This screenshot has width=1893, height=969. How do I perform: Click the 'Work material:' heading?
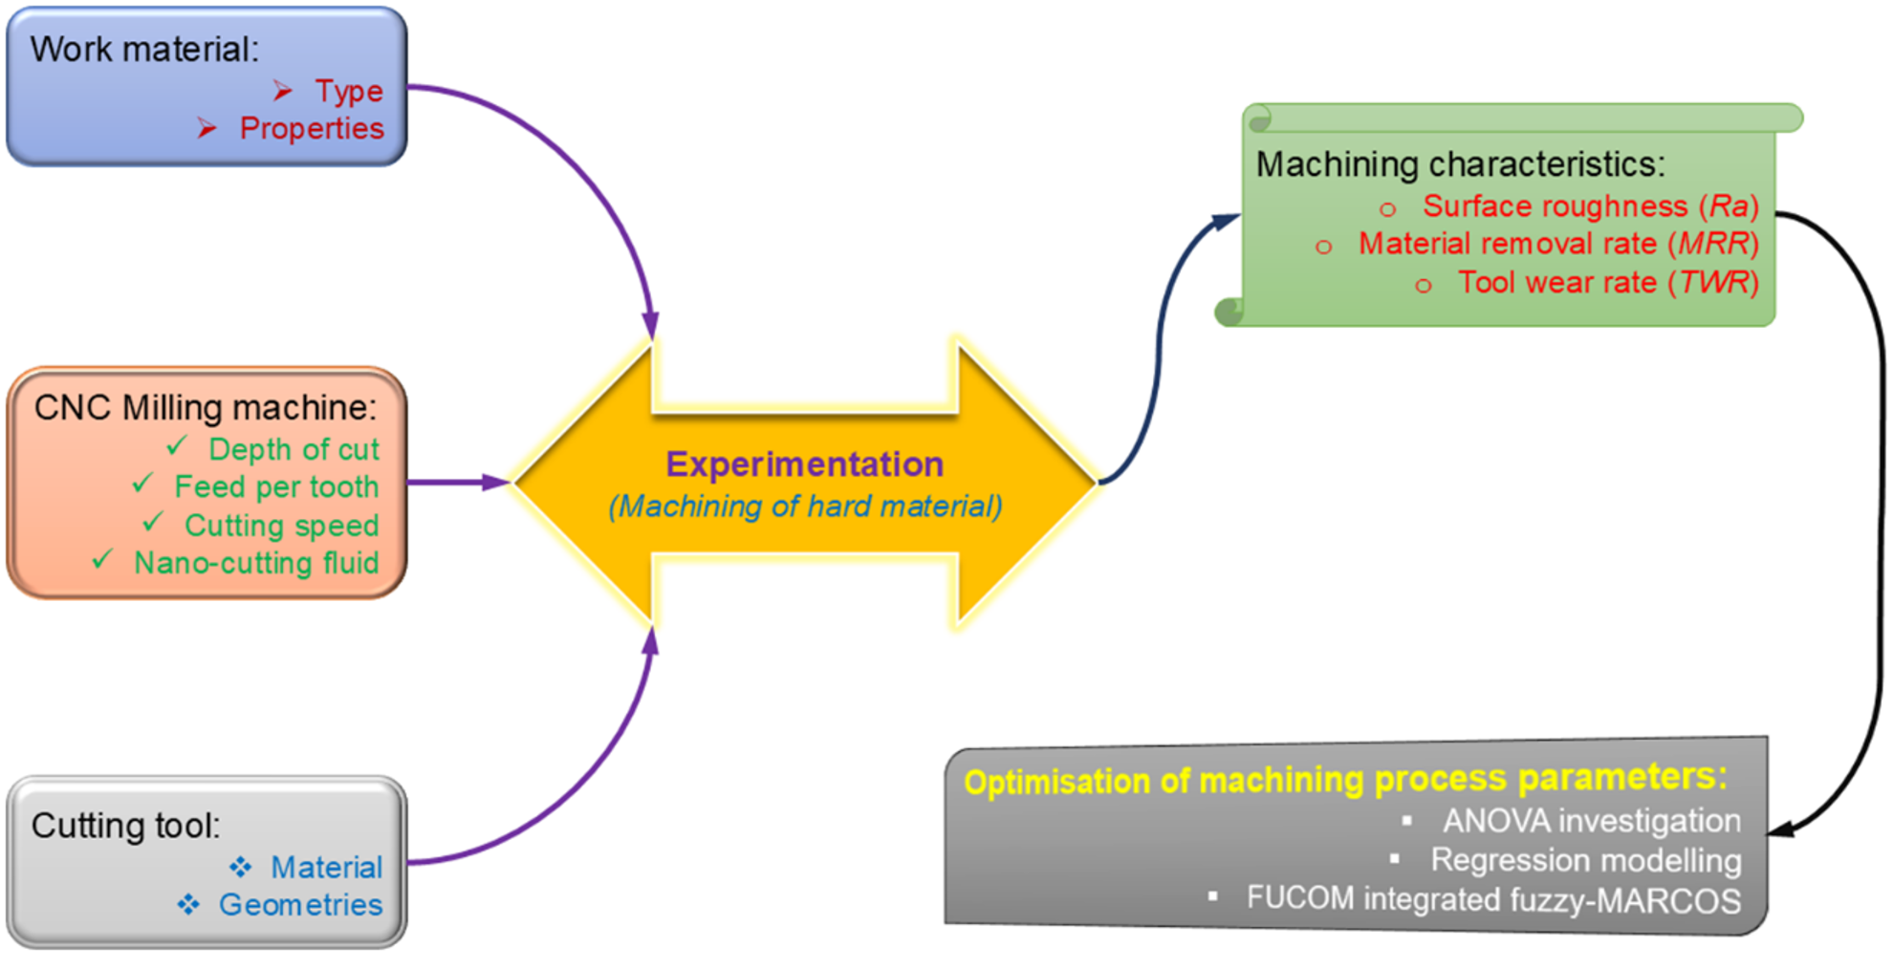coord(144,49)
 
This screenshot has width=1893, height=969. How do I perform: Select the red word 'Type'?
coord(349,91)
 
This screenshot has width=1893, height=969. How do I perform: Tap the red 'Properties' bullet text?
coord(312,128)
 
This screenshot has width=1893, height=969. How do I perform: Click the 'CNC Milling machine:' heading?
coord(206,408)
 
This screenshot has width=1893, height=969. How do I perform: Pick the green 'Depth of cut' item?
coord(294,449)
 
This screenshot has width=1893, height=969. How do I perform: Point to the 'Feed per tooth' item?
coord(276,486)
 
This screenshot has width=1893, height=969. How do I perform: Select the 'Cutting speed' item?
coord(281,526)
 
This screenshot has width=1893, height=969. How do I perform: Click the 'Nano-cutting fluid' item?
coord(256,563)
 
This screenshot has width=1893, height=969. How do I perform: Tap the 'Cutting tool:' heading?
coord(125,825)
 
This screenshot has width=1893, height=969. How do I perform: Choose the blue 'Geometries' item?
coord(300,904)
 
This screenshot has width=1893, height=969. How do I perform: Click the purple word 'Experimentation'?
coord(805,464)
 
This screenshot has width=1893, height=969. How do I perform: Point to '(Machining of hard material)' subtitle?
coord(805,506)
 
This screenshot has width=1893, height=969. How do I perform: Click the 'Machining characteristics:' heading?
coord(1460,164)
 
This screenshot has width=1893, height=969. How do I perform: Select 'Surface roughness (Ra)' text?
coord(1591,206)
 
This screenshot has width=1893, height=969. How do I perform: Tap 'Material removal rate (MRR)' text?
coord(1558,244)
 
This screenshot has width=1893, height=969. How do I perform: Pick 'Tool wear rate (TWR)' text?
coord(1608,283)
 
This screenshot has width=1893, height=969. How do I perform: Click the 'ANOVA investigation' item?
coord(1592,821)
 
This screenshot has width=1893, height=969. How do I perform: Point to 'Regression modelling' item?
coord(1586,860)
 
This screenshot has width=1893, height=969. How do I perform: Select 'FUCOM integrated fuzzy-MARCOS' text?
coord(1493,899)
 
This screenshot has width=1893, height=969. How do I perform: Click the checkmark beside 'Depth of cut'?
coord(177,445)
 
